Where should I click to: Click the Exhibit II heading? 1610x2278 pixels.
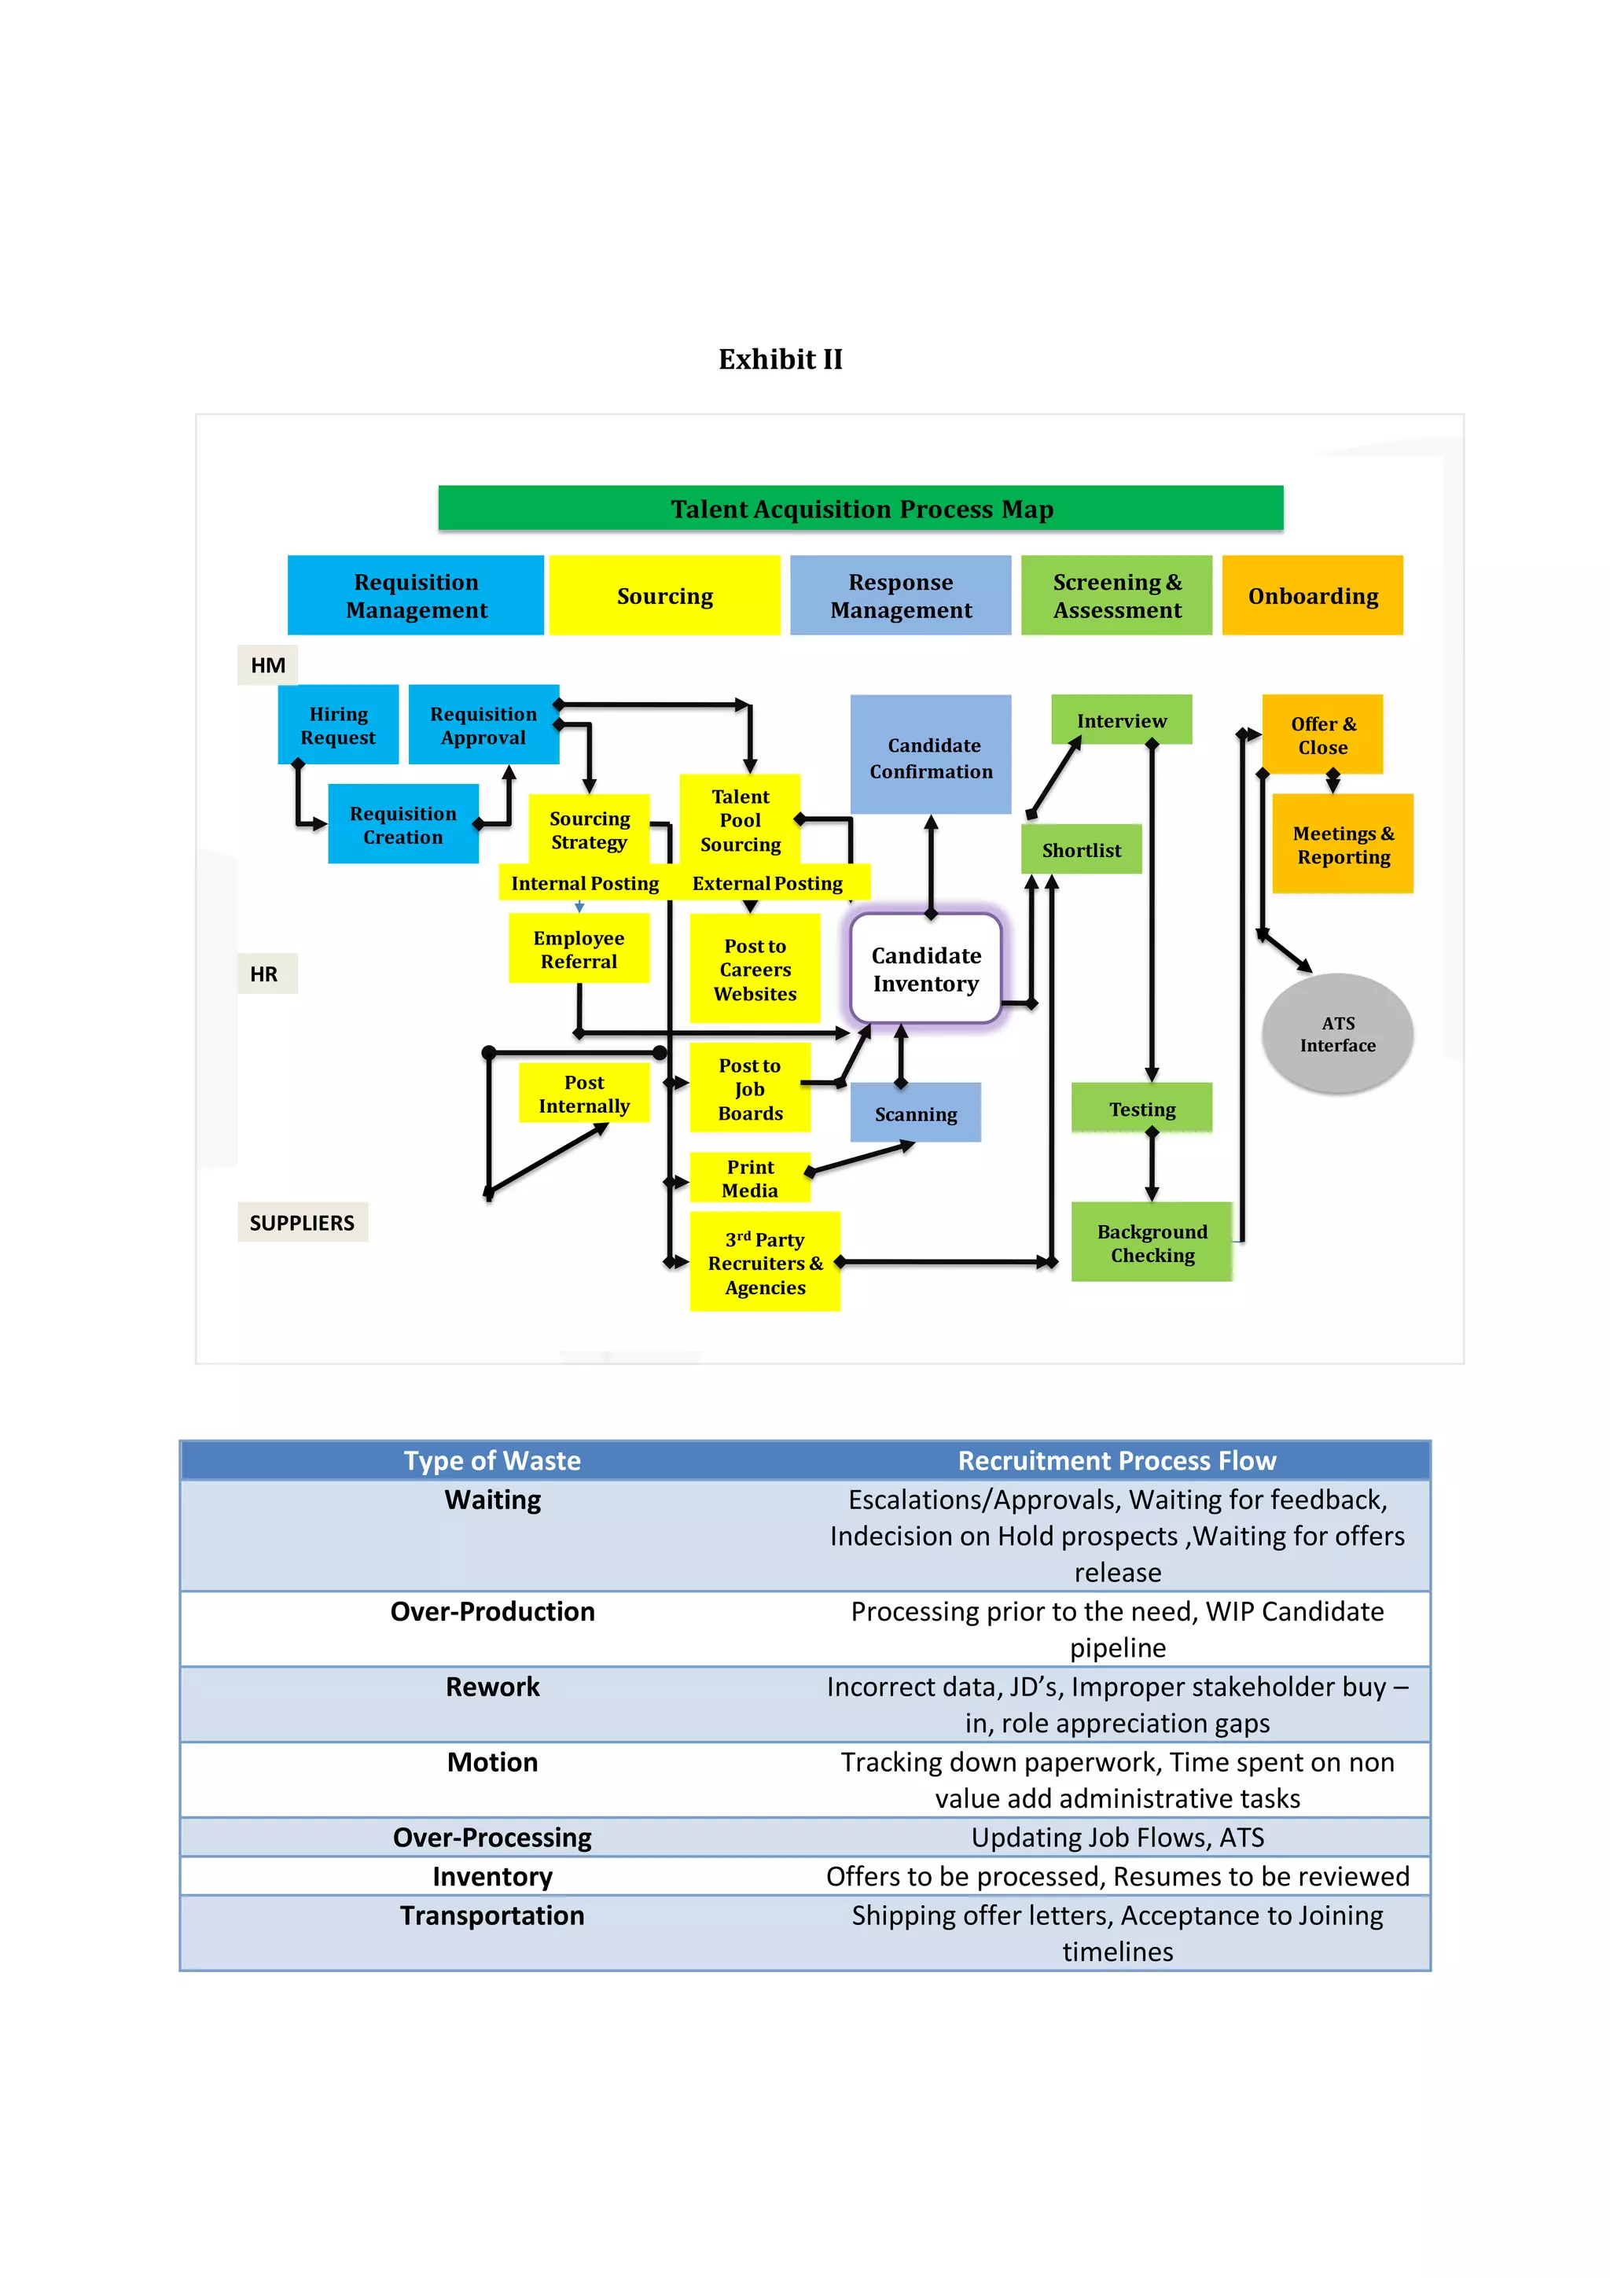pos(780,359)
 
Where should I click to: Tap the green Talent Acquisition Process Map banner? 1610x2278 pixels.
pos(860,508)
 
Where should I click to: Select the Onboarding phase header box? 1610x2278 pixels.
pos(1311,595)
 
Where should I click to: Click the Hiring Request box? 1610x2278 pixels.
pos(338,725)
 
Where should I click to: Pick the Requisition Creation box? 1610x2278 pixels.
pos(402,825)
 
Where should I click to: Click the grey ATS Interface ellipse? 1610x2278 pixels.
pos(1336,1034)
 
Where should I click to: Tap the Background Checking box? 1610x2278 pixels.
pos(1151,1242)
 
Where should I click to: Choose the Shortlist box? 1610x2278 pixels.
pos(1080,849)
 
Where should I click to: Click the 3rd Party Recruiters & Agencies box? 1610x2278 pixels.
pos(764,1262)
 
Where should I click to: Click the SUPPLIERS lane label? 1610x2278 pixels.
pos(302,1222)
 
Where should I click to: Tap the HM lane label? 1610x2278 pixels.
pos(266,664)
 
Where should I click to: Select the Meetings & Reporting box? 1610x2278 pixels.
pos(1342,845)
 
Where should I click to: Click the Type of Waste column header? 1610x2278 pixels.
pos(492,1460)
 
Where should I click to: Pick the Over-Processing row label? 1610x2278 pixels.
pos(492,1838)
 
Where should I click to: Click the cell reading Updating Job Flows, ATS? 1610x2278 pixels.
pos(1117,1838)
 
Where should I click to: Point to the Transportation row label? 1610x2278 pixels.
pos(492,1915)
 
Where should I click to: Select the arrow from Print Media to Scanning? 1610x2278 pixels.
pos(861,1157)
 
